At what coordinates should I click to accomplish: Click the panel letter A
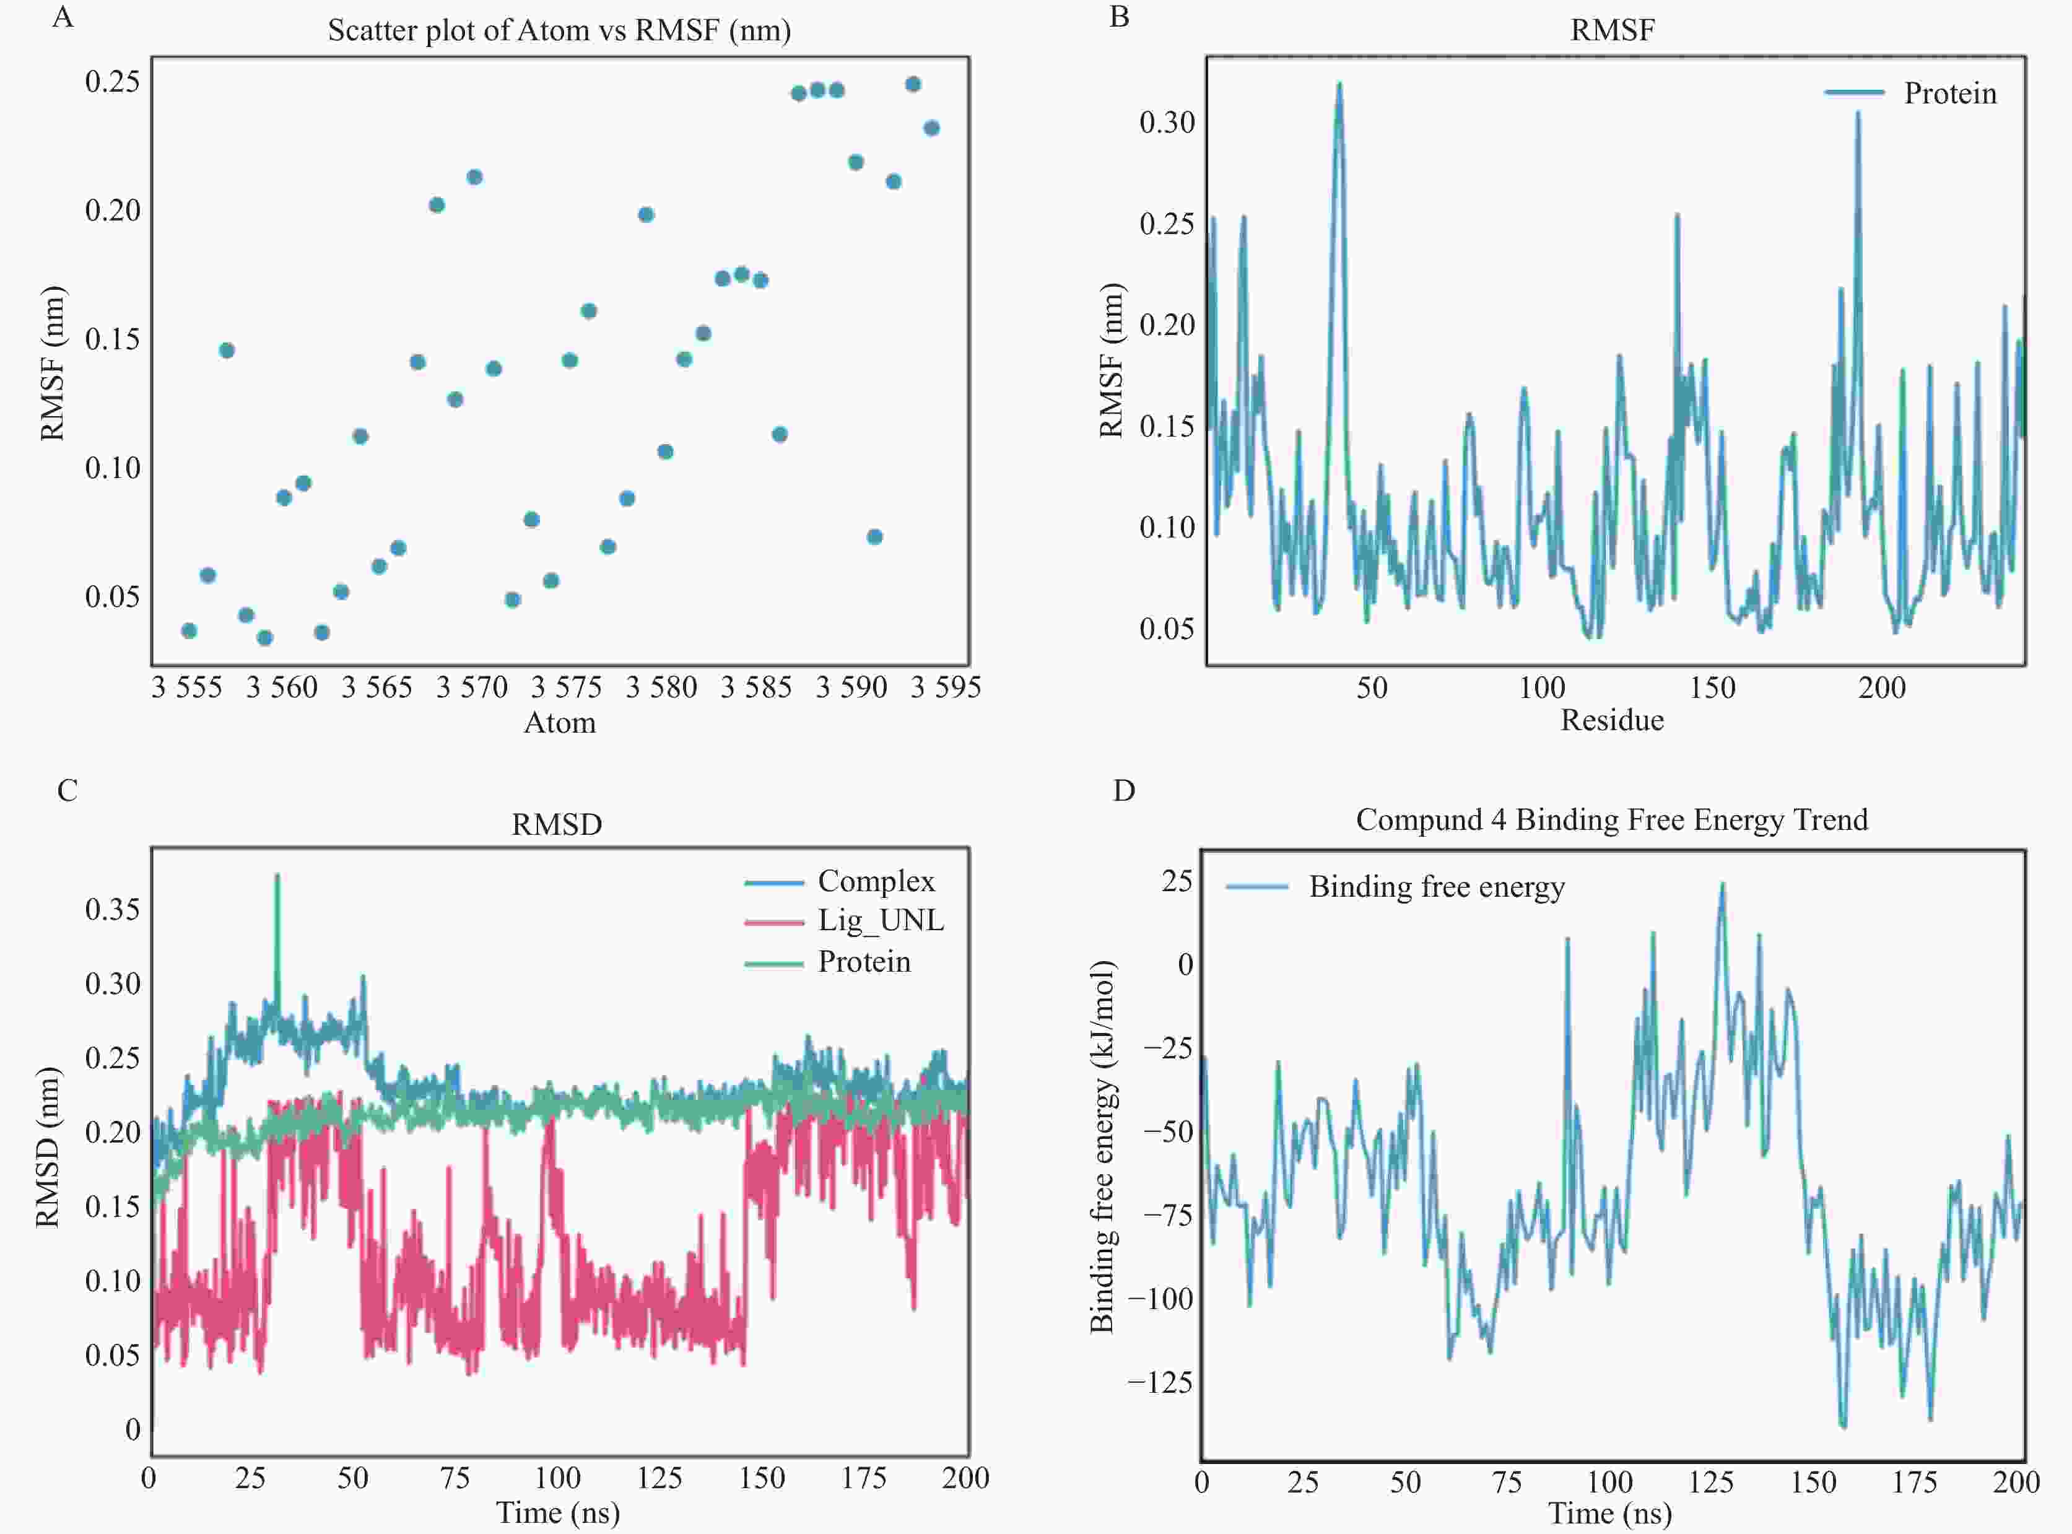coord(62,17)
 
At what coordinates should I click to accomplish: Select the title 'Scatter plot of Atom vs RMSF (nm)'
coord(559,30)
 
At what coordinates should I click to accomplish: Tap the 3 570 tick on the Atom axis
coord(472,687)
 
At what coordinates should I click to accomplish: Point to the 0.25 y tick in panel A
coord(112,82)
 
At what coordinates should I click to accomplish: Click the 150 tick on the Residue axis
coord(1712,688)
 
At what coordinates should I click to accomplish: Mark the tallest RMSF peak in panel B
coord(1339,84)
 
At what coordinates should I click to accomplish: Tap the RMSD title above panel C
coord(557,824)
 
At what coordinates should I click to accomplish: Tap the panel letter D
coord(1123,790)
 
